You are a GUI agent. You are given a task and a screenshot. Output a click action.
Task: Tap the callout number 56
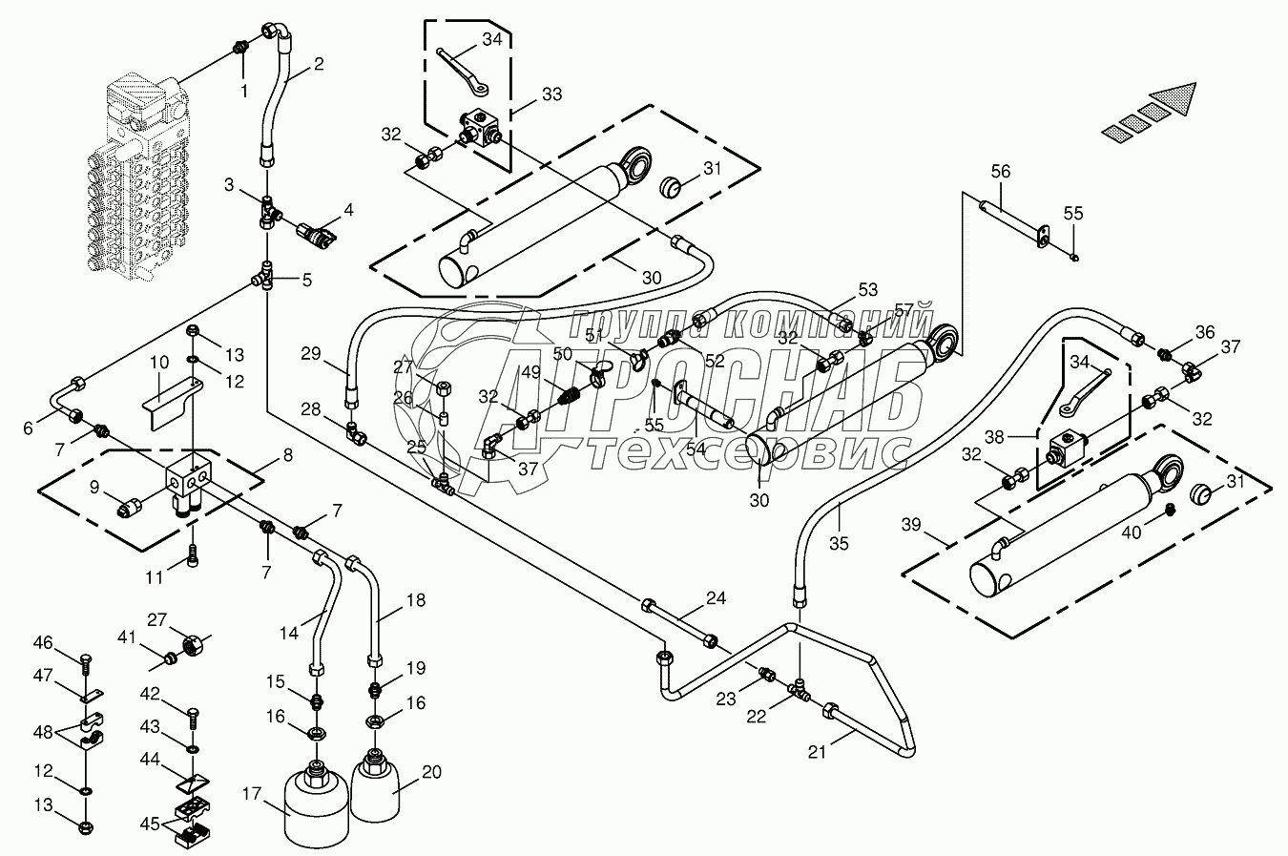(1000, 171)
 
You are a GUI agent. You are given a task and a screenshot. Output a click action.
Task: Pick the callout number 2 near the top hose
(318, 65)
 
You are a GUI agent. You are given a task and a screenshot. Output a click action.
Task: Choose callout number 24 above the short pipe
(717, 598)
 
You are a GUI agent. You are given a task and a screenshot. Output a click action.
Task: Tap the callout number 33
(551, 94)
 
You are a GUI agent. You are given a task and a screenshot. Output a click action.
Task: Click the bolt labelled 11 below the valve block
(194, 554)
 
